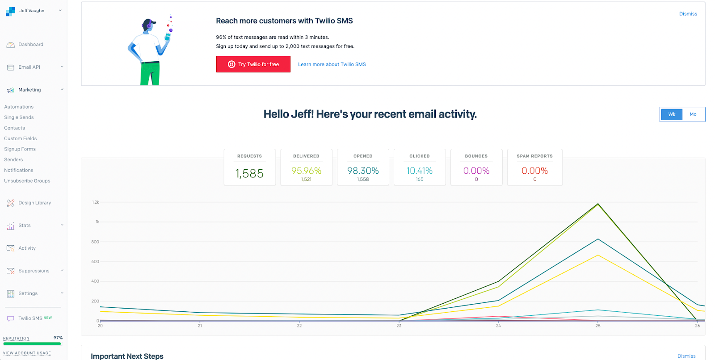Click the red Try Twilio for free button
[253, 64]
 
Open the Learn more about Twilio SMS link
[332, 64]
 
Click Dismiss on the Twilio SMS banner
[688, 14]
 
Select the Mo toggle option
[693, 114]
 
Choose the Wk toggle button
[672, 114]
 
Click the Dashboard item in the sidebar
[30, 45]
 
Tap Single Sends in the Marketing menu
[19, 117]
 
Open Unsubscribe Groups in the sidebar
[27, 181]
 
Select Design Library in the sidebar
[34, 203]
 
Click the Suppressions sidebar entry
[34, 271]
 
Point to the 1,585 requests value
[249, 173]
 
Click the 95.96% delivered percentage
[306, 171]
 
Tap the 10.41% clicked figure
[419, 171]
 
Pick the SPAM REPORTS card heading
[534, 156]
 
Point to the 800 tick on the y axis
[95, 242]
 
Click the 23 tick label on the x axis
[399, 326]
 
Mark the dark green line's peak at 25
[598, 204]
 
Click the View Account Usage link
[27, 353]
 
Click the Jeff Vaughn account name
[32, 11]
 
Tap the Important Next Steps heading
[127, 356]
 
